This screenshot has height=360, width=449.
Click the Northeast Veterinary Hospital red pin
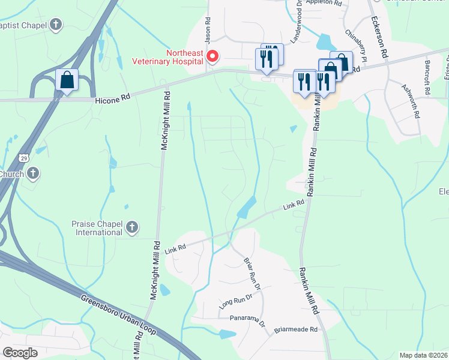pos(212,56)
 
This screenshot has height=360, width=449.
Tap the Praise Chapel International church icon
pos(132,227)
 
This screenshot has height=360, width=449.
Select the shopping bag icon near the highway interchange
pos(67,80)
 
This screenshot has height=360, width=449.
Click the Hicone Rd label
pos(112,102)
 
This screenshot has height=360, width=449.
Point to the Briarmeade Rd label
pos(299,329)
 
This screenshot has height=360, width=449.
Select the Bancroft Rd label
pos(427,74)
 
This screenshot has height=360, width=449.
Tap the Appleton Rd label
pos(324,3)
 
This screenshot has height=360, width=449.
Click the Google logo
pos(20,353)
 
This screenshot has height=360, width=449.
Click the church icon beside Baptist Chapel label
pos(56,25)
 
